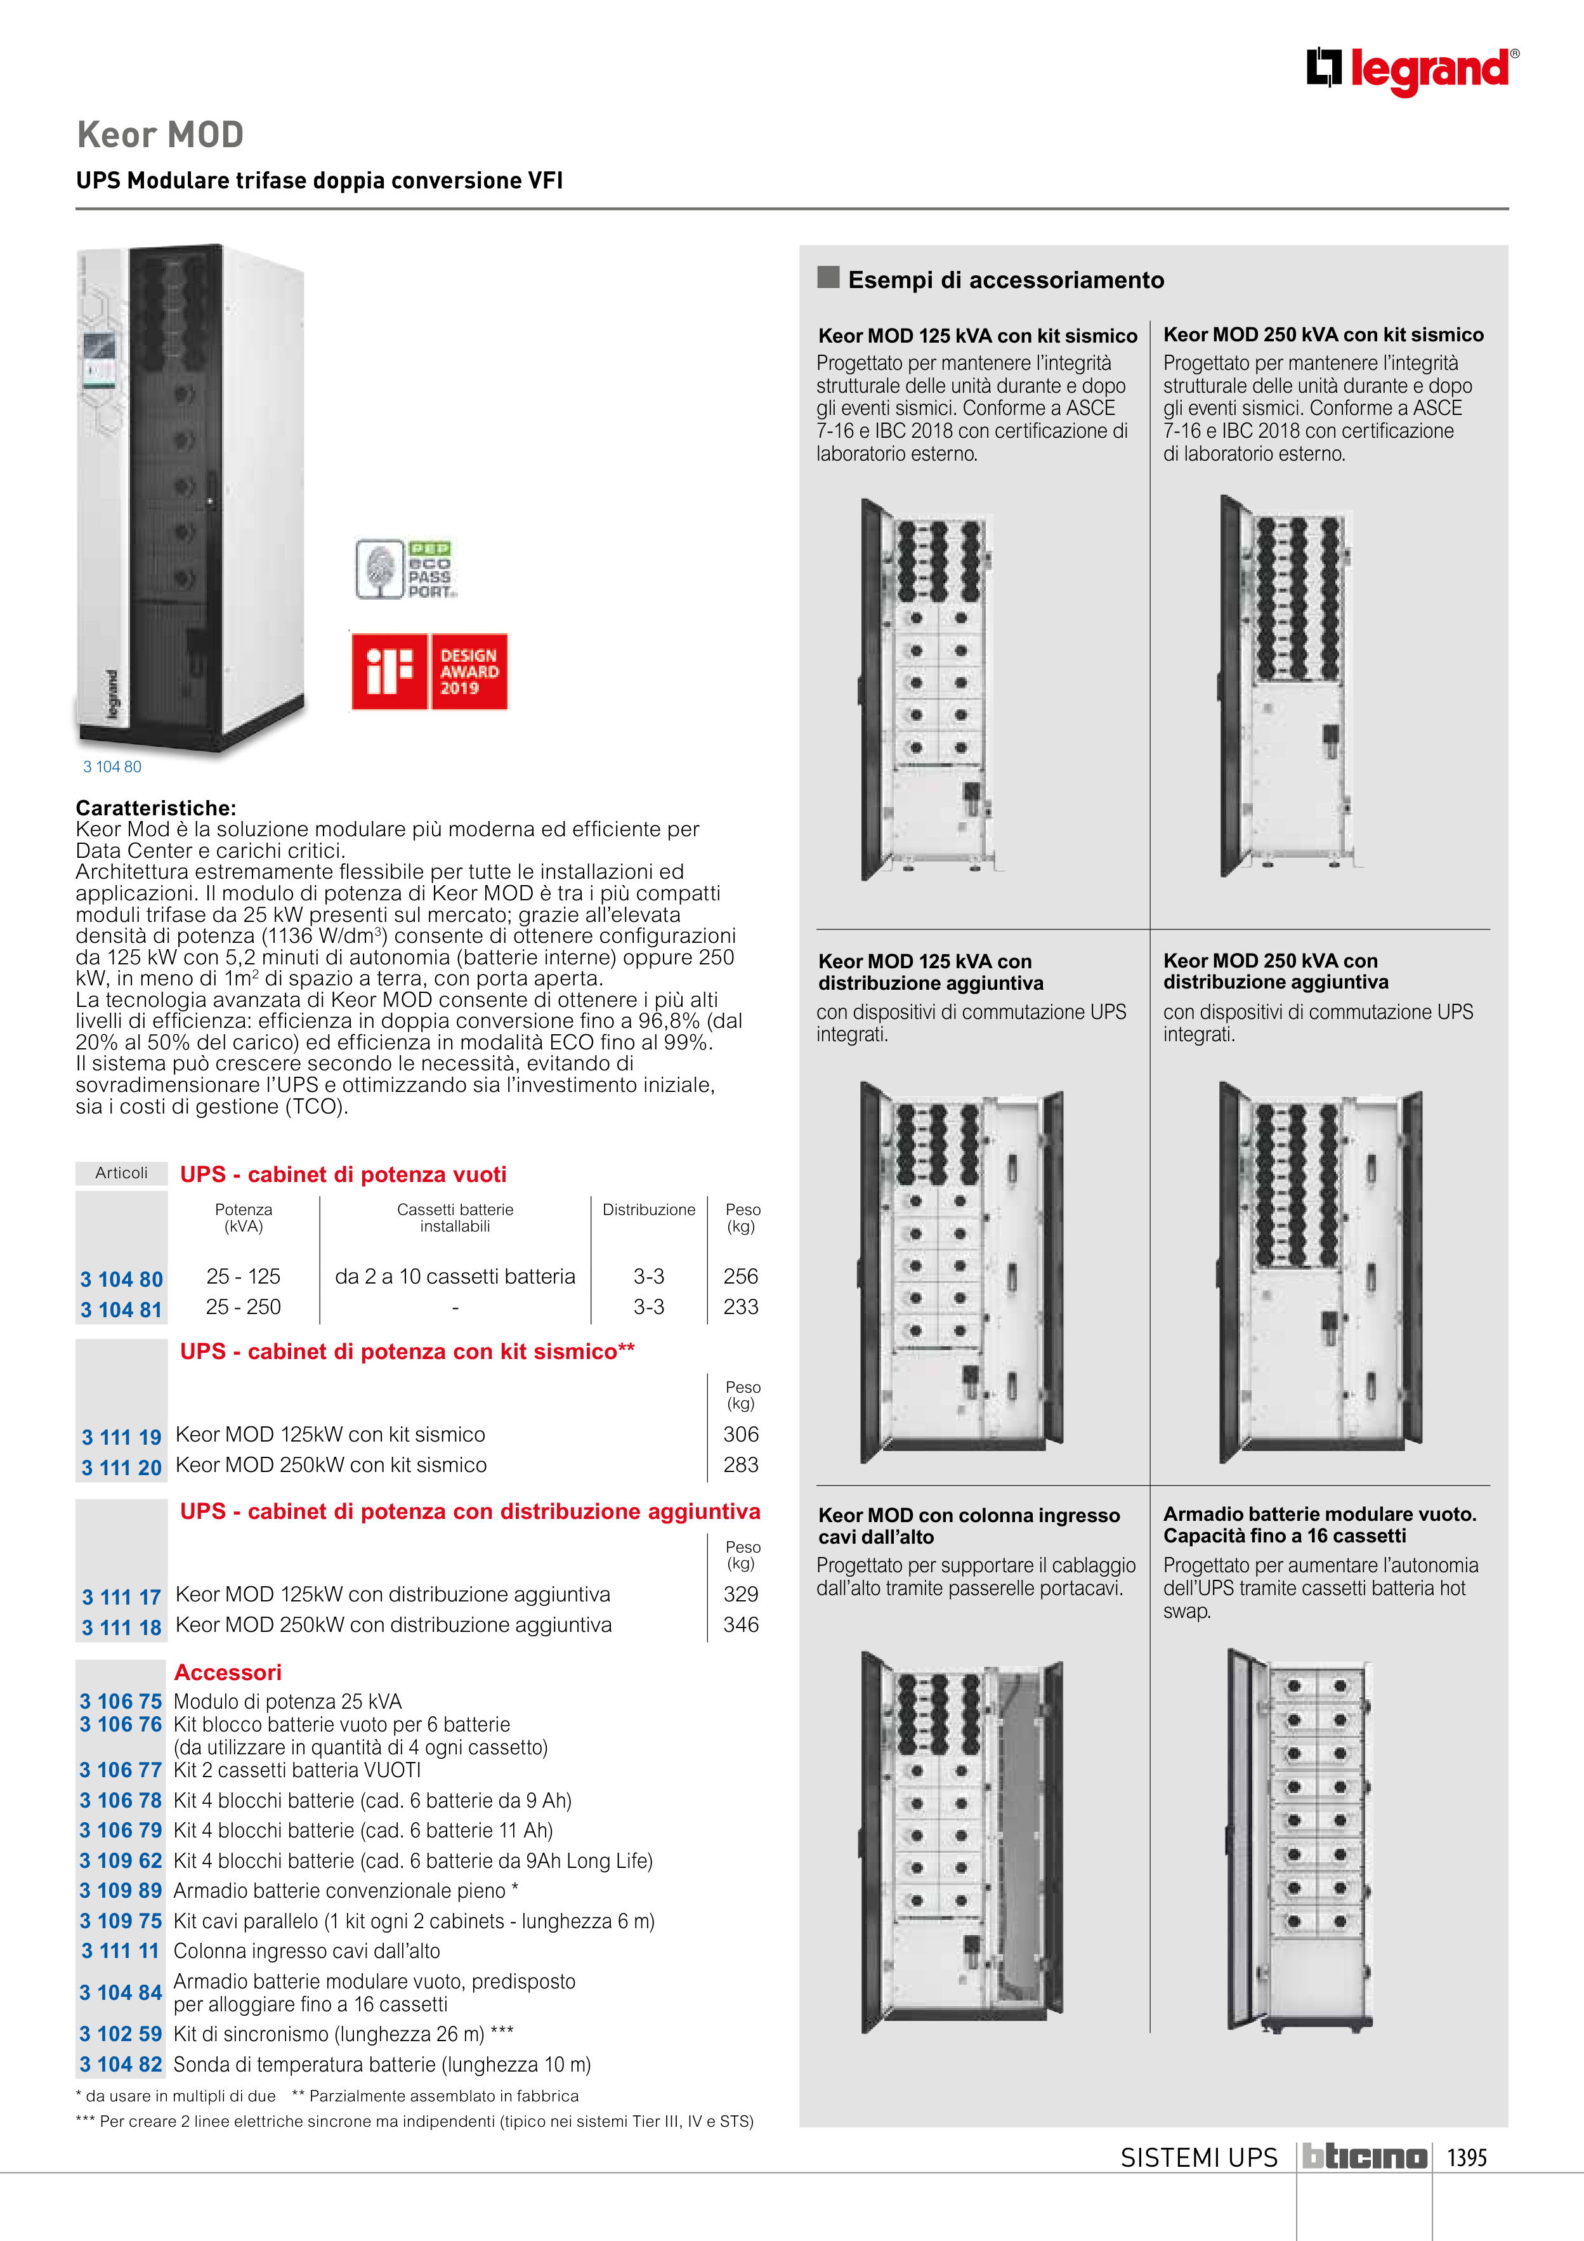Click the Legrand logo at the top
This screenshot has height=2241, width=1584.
(1411, 70)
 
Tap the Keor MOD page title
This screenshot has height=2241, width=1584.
(160, 135)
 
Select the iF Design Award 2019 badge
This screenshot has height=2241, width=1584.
(429, 671)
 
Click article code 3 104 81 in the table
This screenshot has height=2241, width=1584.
(121, 1310)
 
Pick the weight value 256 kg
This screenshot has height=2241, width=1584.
(741, 1277)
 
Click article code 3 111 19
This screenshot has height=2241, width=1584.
(121, 1436)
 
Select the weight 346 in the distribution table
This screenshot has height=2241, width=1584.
(741, 1625)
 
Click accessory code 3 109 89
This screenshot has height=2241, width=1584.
(121, 1891)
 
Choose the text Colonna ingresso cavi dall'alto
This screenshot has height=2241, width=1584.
(306, 1951)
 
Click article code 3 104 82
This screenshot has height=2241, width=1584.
(121, 2065)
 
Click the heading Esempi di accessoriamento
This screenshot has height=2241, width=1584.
(1005, 280)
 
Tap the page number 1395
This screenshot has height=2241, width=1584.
(1466, 2158)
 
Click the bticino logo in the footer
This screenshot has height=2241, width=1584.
(1365, 2157)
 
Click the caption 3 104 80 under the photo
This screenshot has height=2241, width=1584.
(112, 767)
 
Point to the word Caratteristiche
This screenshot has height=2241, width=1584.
(156, 808)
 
